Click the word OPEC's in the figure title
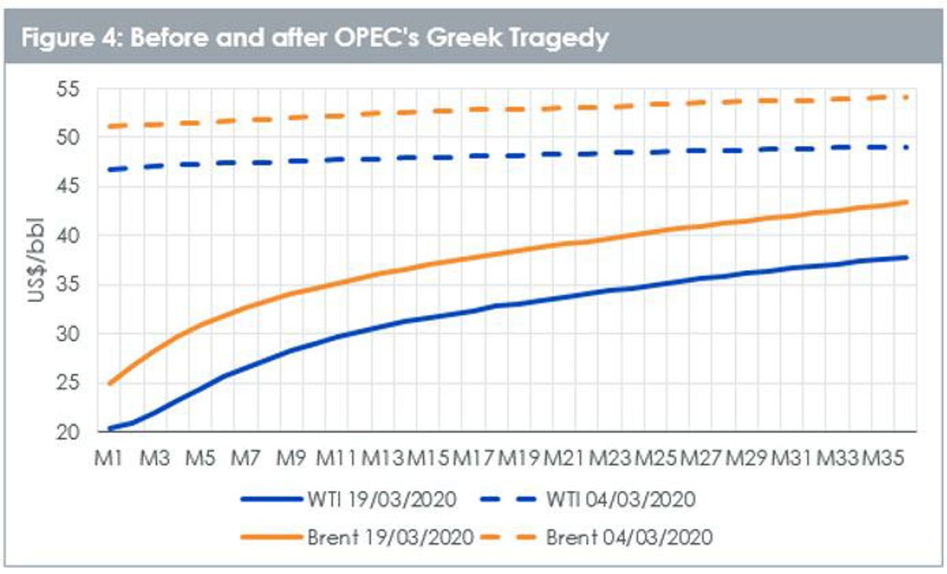(376, 37)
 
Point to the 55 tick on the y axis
(68, 89)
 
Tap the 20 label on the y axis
(68, 433)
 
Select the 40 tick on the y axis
(68, 236)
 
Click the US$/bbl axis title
(36, 260)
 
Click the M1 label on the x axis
(108, 458)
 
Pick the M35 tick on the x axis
(883, 458)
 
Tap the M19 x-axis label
(518, 458)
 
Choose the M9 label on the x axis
(291, 458)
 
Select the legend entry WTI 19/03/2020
(348, 500)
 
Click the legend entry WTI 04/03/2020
(588, 500)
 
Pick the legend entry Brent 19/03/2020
(357, 538)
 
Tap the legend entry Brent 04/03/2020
(597, 538)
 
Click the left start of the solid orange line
(109, 384)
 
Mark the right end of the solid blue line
(907, 257)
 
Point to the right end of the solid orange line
(907, 202)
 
